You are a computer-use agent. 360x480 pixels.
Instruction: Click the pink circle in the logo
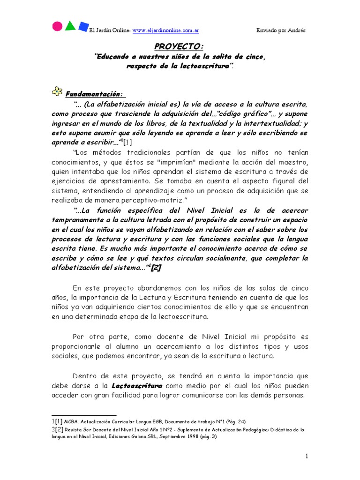coord(57,26)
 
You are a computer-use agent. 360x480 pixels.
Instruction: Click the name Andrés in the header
coord(296,30)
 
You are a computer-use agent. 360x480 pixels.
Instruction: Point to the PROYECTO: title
coord(180,47)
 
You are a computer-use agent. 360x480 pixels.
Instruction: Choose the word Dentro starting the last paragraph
coord(85,376)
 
